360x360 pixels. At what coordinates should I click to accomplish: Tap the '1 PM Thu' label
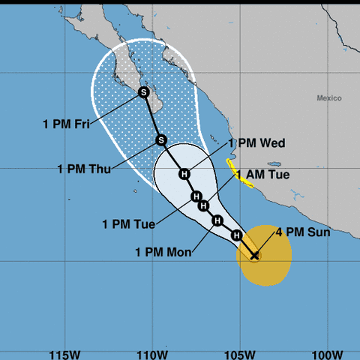(x=84, y=168)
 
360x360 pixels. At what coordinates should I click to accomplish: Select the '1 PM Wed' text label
(x=256, y=142)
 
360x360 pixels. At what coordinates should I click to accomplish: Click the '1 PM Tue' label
(x=128, y=223)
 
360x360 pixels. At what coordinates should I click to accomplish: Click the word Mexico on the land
(x=328, y=98)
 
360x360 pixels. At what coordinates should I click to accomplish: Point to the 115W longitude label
(x=64, y=352)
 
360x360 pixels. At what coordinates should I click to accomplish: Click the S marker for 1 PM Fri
(x=144, y=92)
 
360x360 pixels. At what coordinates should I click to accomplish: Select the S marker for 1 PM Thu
(x=160, y=139)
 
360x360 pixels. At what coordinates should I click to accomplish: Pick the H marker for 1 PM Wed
(x=184, y=174)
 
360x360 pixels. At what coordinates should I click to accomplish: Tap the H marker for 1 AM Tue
(x=196, y=196)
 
